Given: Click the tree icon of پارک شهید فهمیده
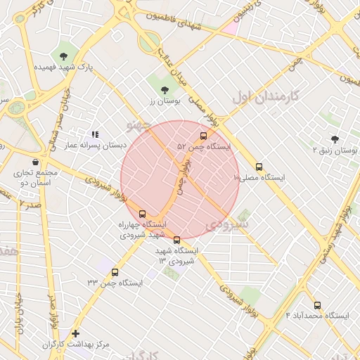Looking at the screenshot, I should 64,56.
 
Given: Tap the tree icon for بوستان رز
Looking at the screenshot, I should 165,90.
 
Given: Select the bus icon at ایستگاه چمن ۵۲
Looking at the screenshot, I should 204,136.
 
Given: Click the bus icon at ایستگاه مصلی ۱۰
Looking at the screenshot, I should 259,167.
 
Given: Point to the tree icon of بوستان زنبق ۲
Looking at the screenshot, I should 335,139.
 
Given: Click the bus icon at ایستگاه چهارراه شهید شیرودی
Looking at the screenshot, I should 143,214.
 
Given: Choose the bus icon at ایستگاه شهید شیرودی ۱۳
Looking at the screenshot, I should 176,240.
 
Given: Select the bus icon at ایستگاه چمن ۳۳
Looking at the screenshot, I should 115,272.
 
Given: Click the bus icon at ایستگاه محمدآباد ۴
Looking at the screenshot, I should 317,305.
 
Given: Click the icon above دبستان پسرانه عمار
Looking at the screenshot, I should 95,134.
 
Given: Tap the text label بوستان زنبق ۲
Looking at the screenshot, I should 335,150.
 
